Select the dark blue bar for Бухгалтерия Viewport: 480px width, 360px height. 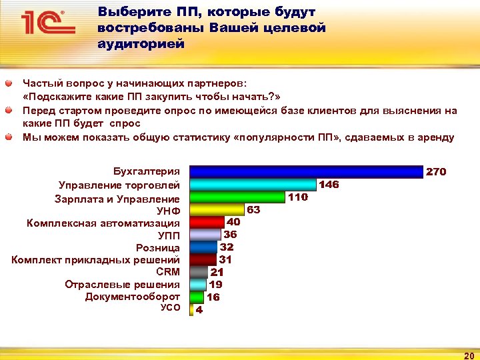pyautogui.click(x=306, y=172)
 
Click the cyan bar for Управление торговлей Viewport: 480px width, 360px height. pyautogui.click(x=253, y=185)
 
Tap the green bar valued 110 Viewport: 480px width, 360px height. pyautogui.click(x=237, y=197)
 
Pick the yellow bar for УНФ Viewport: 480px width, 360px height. pyautogui.click(x=217, y=209)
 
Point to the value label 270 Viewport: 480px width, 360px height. pyautogui.click(x=436, y=172)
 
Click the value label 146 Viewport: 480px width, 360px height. pyautogui.click(x=329, y=185)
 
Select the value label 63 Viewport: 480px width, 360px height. pyautogui.click(x=253, y=209)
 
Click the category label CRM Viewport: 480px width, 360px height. pyautogui.click(x=167, y=272)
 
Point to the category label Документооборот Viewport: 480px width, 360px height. pyautogui.click(x=132, y=297)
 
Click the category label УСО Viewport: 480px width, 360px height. pyautogui.click(x=170, y=308)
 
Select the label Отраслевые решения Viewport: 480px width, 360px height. pyautogui.click(x=122, y=285)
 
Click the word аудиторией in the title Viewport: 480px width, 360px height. pyautogui.click(x=140, y=43)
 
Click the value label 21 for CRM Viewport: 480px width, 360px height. pyautogui.click(x=217, y=272)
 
